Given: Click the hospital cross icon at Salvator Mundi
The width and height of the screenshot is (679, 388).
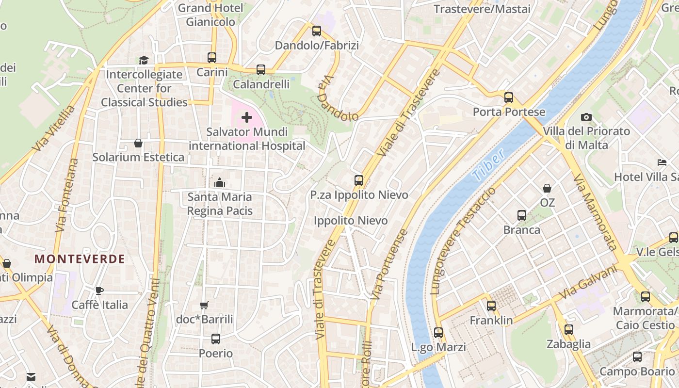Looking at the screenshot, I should tap(247, 117).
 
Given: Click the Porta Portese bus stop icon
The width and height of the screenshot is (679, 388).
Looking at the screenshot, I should tap(508, 97).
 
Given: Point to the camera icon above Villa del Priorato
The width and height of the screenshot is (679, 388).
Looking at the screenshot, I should tap(586, 117).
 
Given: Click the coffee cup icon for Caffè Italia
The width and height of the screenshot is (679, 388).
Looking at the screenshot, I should tap(99, 291).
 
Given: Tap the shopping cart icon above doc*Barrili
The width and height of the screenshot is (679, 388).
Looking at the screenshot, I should tap(204, 305).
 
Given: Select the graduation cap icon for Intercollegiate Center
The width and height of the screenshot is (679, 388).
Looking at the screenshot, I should tap(144, 60).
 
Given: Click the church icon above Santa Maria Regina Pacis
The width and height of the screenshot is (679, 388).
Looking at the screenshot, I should tap(219, 182).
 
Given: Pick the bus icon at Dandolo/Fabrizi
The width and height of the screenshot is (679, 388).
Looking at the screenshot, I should tap(317, 31).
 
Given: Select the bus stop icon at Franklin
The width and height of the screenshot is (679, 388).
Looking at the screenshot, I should tap(491, 306).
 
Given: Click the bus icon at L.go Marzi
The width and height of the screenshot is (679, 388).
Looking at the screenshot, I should tap(438, 333).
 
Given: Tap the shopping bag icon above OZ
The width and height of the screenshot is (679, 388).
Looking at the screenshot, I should tap(547, 188).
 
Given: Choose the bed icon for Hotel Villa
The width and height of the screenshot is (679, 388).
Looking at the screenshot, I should tap(662, 162).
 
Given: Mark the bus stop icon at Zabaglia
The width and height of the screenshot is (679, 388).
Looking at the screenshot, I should tap(568, 330).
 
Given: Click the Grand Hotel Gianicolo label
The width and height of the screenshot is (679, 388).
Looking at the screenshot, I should tap(210, 15).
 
